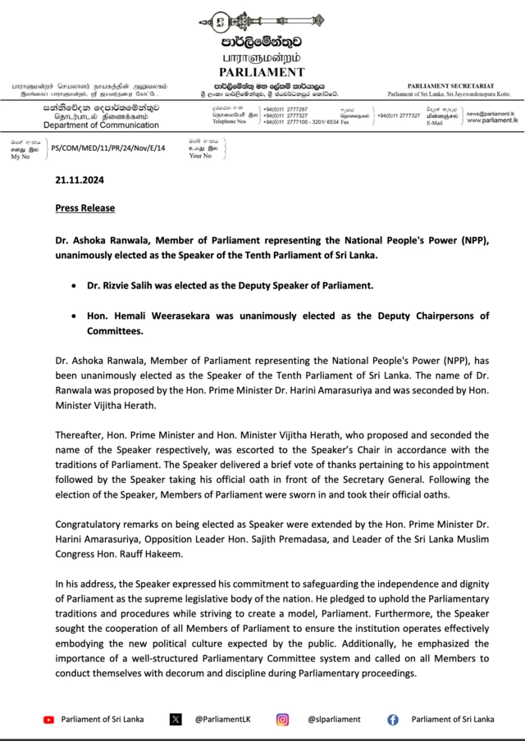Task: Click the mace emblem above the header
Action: click(x=262, y=20)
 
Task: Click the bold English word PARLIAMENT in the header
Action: click(x=262, y=72)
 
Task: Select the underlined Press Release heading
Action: click(x=84, y=208)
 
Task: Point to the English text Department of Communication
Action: click(x=90, y=125)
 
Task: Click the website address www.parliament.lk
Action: click(x=492, y=120)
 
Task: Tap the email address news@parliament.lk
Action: click(x=492, y=113)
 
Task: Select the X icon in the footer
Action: click(x=176, y=719)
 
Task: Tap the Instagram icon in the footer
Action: click(x=282, y=719)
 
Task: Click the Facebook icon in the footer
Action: click(x=393, y=719)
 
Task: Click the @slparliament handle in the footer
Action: click(x=334, y=719)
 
